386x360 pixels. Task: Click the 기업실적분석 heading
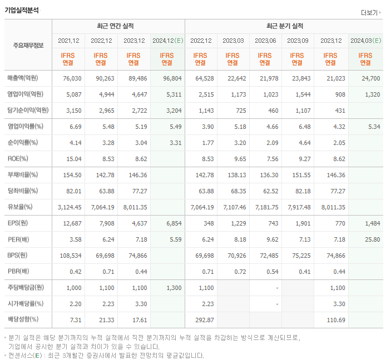pyautogui.click(x=22, y=10)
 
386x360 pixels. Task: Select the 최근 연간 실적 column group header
pyautogui.click(x=118, y=26)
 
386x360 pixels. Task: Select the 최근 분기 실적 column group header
pyautogui.click(x=284, y=26)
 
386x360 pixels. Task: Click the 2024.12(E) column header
pyautogui.click(x=167, y=41)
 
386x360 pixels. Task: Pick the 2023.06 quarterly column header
pyautogui.click(x=265, y=41)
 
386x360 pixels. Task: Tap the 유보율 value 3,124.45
pyautogui.click(x=69, y=207)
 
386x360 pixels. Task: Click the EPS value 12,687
pyautogui.click(x=71, y=223)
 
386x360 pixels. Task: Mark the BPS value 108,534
pyautogui.click(x=70, y=256)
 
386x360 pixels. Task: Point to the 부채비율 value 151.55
pyautogui.click(x=299, y=174)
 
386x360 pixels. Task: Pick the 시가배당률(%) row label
pyautogui.click(x=26, y=304)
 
